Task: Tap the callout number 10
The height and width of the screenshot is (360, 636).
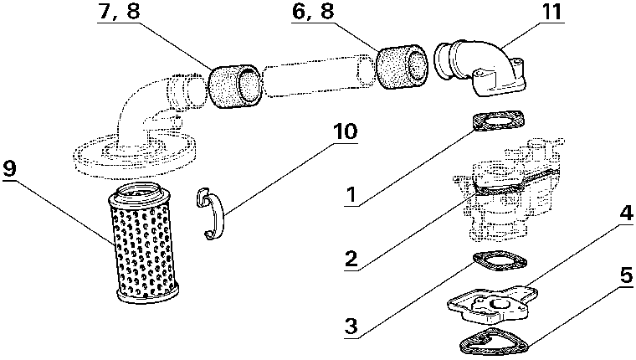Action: (x=345, y=132)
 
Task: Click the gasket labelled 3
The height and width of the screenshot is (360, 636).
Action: (x=500, y=264)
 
